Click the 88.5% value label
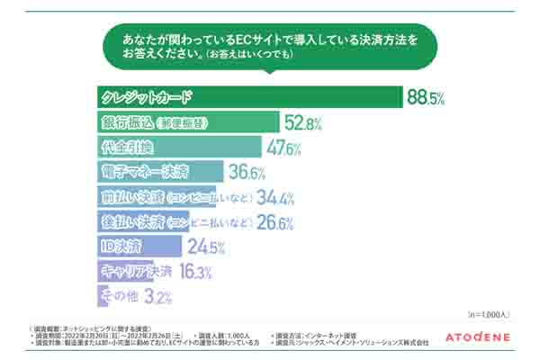click(x=427, y=98)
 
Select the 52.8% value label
click(x=302, y=123)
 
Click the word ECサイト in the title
click(x=236, y=41)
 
